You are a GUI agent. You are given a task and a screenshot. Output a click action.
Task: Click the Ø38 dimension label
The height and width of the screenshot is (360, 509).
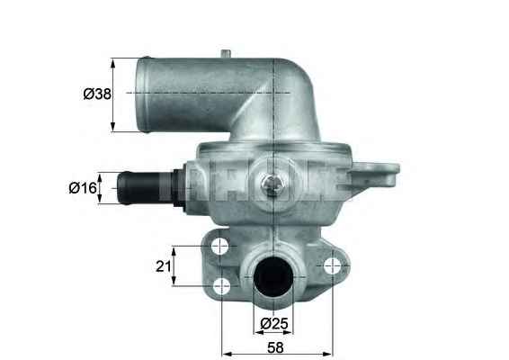click(x=97, y=94)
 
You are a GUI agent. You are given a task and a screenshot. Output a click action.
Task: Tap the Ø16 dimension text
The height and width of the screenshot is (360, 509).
click(x=83, y=188)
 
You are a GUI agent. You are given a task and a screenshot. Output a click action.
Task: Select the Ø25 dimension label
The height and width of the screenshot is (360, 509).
click(x=274, y=324)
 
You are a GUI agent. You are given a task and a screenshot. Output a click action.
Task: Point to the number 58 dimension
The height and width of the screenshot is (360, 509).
click(x=275, y=347)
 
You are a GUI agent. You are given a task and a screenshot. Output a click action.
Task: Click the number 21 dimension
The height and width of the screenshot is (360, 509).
click(x=164, y=266)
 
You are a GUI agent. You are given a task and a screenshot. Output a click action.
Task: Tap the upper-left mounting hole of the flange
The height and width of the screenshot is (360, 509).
click(x=219, y=247)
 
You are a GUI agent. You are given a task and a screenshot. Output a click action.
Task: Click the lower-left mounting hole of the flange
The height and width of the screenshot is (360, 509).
click(x=222, y=286)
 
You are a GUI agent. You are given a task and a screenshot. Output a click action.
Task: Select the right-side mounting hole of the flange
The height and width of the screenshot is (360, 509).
click(x=333, y=266)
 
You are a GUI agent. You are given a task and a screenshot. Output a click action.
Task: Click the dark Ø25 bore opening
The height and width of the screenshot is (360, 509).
click(x=272, y=276)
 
